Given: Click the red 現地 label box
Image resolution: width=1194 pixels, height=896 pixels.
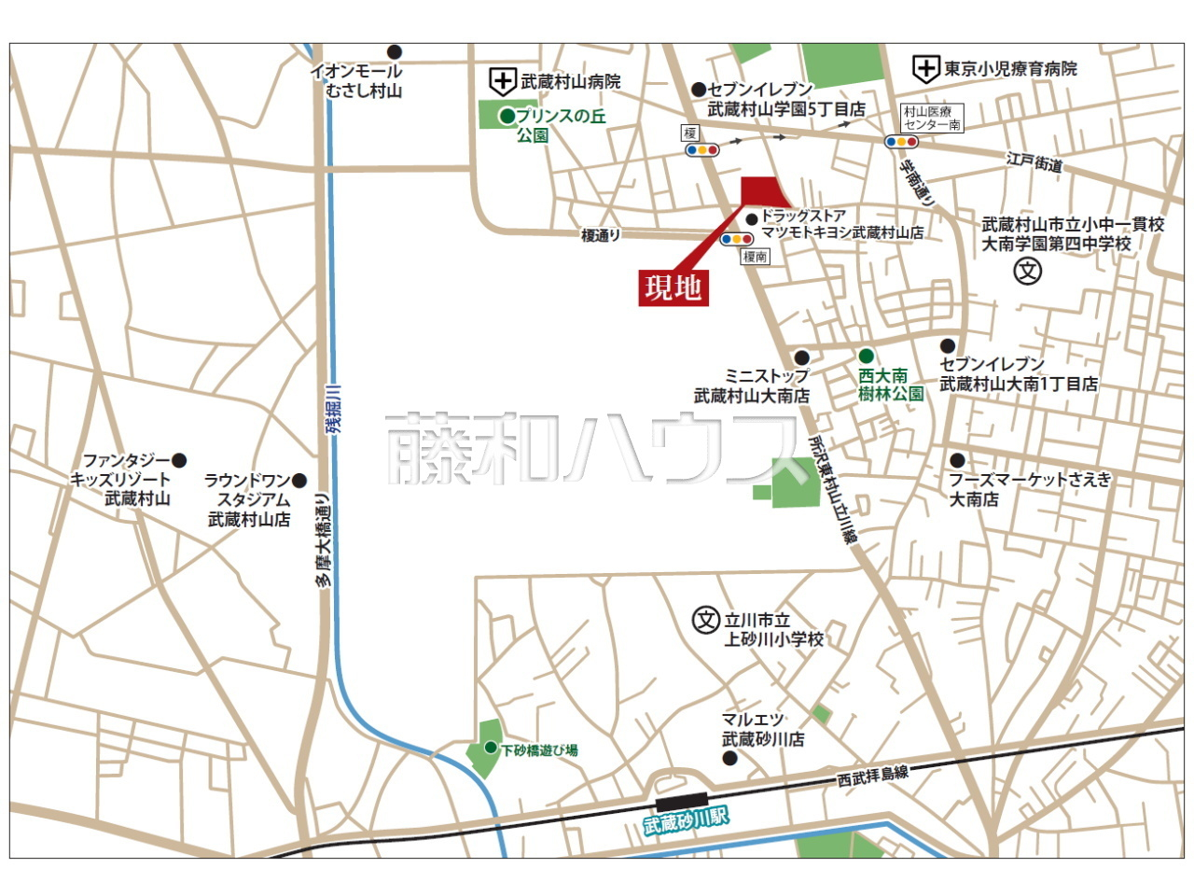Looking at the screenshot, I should (673, 287).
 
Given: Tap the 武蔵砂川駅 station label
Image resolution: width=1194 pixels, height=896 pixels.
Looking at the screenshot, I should (686, 820).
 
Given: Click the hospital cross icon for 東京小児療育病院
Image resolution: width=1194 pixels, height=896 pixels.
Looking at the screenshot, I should (925, 68).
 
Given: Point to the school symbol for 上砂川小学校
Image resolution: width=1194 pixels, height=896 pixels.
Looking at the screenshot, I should (706, 620).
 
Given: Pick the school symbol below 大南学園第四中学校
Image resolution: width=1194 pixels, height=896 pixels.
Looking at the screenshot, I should (1027, 272).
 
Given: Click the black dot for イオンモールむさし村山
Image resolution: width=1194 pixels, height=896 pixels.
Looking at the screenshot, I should (395, 51).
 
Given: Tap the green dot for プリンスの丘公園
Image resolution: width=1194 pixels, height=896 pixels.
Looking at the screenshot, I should (507, 117).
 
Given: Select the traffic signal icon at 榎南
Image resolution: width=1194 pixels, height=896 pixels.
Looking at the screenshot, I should (737, 239).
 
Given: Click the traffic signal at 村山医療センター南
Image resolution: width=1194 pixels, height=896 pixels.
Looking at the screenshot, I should (902, 142).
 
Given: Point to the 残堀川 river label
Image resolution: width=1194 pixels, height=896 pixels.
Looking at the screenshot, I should (334, 408).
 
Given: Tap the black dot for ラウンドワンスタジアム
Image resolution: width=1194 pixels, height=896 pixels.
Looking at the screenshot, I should (299, 481).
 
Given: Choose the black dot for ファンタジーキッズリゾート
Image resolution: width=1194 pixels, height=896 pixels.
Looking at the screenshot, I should (179, 460).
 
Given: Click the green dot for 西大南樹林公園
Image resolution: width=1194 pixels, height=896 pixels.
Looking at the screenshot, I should (866, 356).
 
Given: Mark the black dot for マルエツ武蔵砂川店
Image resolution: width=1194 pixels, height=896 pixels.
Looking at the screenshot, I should (730, 758).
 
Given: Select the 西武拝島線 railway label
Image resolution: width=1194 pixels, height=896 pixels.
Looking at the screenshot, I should (872, 774).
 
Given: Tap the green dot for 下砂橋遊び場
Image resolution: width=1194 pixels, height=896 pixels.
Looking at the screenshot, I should (491, 748).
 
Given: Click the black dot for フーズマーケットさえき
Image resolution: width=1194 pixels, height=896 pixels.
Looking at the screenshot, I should (957, 460).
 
